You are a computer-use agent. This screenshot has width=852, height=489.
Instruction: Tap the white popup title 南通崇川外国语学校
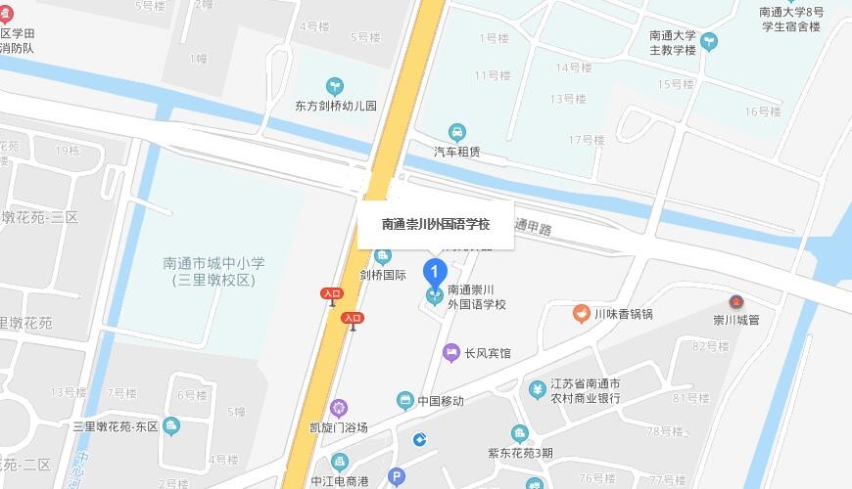point(435,224)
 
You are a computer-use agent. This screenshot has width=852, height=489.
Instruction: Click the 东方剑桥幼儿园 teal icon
point(336,87)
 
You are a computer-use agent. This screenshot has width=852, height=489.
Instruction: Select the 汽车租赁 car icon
point(456,133)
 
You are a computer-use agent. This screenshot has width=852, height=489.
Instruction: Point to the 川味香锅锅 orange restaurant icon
point(581,314)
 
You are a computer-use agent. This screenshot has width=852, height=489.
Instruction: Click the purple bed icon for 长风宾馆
point(450,352)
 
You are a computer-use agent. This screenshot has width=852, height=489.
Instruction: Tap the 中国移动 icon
point(404,400)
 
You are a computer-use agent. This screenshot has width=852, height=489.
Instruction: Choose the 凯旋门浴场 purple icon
point(339,408)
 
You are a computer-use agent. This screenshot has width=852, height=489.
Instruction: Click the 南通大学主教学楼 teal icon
point(709,41)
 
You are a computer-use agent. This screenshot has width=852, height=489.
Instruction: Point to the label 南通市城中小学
point(213,263)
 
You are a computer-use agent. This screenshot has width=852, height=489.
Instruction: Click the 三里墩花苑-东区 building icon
point(172,425)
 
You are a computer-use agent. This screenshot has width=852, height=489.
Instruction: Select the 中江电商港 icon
point(339,462)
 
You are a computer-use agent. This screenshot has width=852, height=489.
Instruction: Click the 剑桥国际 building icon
point(382,256)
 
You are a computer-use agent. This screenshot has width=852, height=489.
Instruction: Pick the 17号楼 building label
point(587,140)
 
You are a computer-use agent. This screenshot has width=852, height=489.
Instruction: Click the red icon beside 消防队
point(10,14)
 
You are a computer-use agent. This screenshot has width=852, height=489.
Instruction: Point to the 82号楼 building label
point(711,346)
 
